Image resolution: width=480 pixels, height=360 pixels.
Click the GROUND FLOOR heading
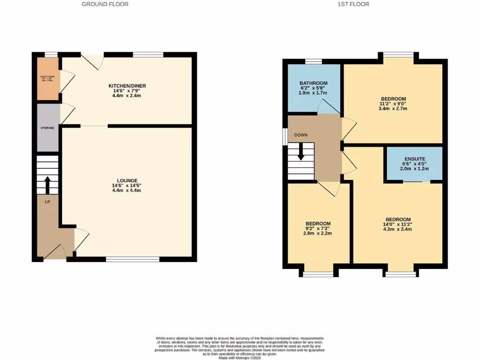pyautogui.click(x=105, y=4)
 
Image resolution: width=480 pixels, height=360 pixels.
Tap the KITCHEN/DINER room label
pyautogui.click(x=127, y=86)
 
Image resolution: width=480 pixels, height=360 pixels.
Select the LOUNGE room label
pyautogui.click(x=127, y=180)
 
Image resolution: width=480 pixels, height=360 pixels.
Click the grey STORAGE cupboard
pyautogui.click(x=48, y=127)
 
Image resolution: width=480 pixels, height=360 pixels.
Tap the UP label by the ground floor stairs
pyautogui.click(x=47, y=202)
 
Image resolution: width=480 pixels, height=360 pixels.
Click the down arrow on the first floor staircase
pyautogui.click(x=300, y=152)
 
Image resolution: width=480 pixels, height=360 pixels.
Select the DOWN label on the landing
pyautogui.click(x=301, y=135)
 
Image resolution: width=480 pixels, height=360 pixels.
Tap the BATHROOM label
pyautogui.click(x=314, y=83)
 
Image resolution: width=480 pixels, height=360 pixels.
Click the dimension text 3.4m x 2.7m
pyautogui.click(x=393, y=109)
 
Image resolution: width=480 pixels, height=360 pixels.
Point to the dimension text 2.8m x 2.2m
pyautogui.click(x=318, y=233)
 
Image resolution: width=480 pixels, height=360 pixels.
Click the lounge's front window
pyautogui.click(x=133, y=259)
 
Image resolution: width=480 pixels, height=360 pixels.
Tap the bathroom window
pyautogui.click(x=314, y=61)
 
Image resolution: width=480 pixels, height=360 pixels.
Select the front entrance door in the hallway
pyautogui.click(x=56, y=253)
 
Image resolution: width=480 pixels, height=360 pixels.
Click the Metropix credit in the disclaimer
pyautogui.click(x=240, y=358)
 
